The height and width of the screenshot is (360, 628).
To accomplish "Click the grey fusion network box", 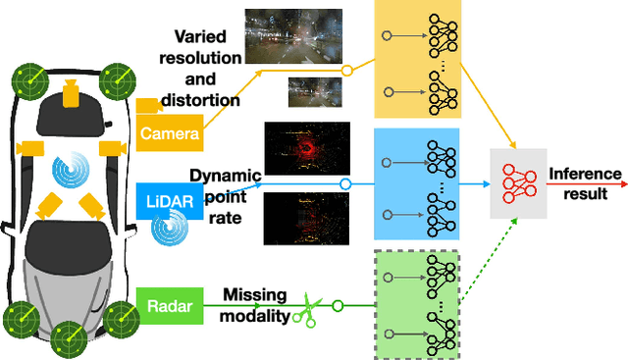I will [517, 184].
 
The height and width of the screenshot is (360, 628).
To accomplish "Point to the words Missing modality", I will [259, 304].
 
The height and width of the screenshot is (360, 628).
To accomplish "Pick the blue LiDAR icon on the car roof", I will [70, 172].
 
